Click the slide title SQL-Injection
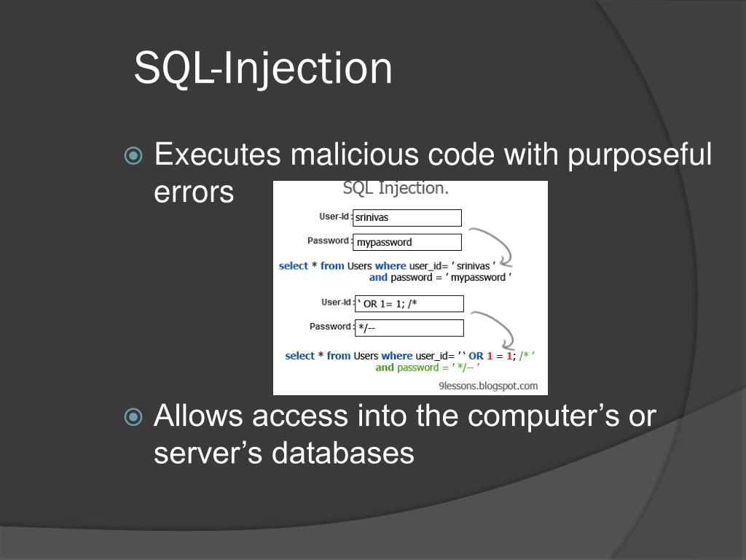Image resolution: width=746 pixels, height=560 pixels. tap(263, 68)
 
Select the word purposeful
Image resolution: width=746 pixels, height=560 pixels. tap(639, 155)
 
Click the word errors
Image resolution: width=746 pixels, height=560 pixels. tap(194, 192)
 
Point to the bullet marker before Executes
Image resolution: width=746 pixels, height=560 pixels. tap(134, 155)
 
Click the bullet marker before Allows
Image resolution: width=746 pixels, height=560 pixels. tap(134, 417)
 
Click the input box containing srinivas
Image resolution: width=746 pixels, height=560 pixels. tap(407, 217)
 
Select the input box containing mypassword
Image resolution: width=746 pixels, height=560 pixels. tap(407, 242)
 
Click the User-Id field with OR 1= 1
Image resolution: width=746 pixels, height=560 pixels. tap(409, 303)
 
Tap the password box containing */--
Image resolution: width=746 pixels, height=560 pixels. tap(409, 328)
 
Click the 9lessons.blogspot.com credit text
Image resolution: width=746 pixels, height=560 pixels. tap(488, 386)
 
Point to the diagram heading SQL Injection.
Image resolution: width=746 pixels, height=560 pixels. tap(396, 188)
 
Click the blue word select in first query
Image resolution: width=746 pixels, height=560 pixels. tap(294, 266)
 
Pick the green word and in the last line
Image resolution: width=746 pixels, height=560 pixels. tap(385, 367)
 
